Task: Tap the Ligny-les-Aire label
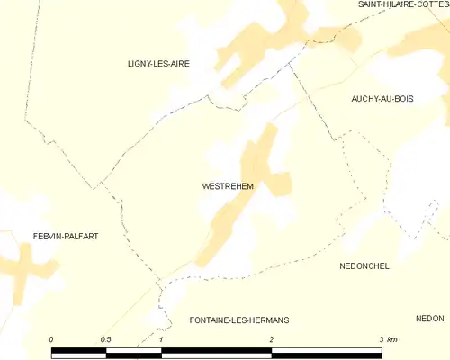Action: [x=160, y=64]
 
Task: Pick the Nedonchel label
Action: [x=364, y=266]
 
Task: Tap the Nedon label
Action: [x=430, y=319]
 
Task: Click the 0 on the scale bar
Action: [x=51, y=339]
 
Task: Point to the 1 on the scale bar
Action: [x=160, y=339]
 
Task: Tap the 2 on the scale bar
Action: [x=271, y=339]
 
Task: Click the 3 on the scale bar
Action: [x=382, y=339]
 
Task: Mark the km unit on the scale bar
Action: [x=392, y=339]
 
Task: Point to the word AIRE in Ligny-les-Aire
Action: [x=180, y=64]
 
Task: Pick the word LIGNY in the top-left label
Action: [x=140, y=64]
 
